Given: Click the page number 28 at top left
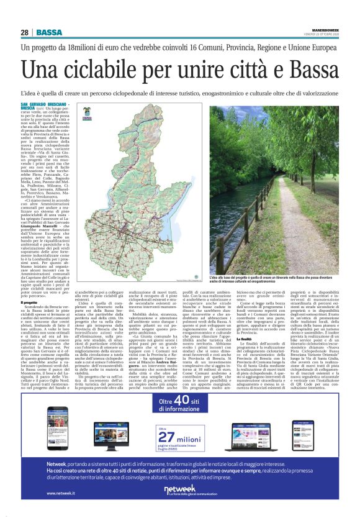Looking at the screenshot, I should coord(25,32).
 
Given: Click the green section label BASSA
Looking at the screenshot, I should coord(48,32).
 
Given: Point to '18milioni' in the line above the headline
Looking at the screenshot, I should coord(88,48).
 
